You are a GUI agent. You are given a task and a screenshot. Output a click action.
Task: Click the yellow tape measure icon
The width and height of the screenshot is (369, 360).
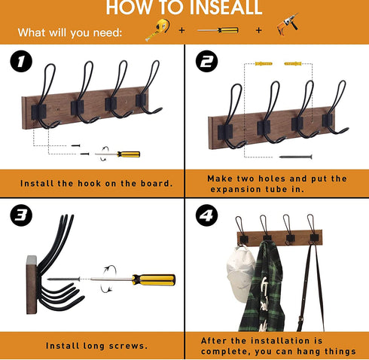[x=158, y=29]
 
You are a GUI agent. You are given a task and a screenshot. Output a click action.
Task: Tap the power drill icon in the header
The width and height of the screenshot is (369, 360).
[x=288, y=24]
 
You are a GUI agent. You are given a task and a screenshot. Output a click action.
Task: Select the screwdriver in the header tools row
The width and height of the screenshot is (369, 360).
[x=218, y=30]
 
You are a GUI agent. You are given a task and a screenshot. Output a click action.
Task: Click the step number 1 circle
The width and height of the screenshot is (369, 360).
[x=21, y=61]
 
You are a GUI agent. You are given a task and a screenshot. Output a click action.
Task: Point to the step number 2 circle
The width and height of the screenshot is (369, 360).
[x=207, y=61]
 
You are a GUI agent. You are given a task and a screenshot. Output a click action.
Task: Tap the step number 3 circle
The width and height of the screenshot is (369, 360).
[x=21, y=215]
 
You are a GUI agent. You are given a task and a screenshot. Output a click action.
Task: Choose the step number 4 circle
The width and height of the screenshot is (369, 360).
[x=207, y=215]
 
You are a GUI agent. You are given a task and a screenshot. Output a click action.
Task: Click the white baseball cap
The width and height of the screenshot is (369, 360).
[x=240, y=273]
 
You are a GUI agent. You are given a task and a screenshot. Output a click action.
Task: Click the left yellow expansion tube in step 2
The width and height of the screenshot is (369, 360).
[x=264, y=63]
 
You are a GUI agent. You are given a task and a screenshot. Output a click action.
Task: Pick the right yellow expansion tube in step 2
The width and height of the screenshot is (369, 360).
[x=293, y=63]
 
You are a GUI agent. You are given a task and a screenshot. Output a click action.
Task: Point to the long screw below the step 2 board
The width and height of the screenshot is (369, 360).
[x=296, y=157]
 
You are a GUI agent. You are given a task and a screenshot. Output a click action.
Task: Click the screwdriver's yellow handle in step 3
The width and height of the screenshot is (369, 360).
[x=154, y=280]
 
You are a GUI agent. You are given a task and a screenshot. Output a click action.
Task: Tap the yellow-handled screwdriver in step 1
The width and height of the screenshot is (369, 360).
[x=117, y=154]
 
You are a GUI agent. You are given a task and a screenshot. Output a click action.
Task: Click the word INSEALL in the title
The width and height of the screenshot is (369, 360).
[x=226, y=8]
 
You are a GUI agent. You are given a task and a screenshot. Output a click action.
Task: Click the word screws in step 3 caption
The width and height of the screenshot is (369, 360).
[x=128, y=346]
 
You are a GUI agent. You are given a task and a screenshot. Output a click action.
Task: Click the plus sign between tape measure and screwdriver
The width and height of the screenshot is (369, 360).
[x=181, y=30]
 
